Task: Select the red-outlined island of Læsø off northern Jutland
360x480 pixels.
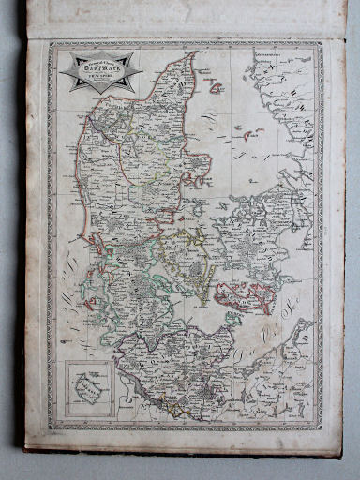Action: point(216,88)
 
